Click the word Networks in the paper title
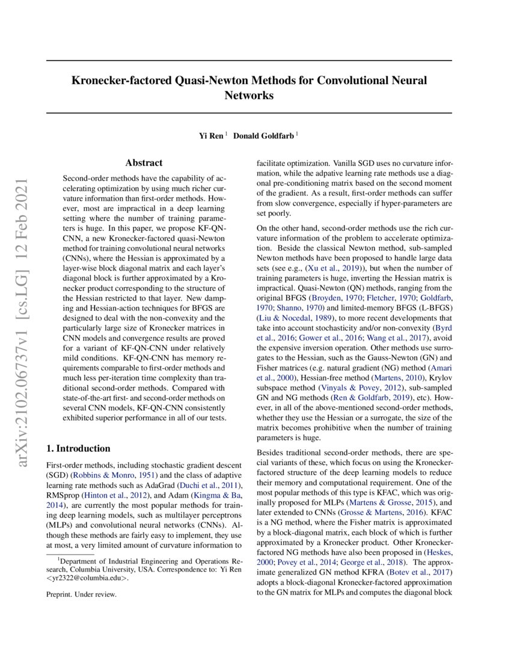(249, 95)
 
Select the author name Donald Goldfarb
(263, 136)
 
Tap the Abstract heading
(144, 163)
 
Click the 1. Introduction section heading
(79, 448)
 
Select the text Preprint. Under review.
(81, 595)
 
